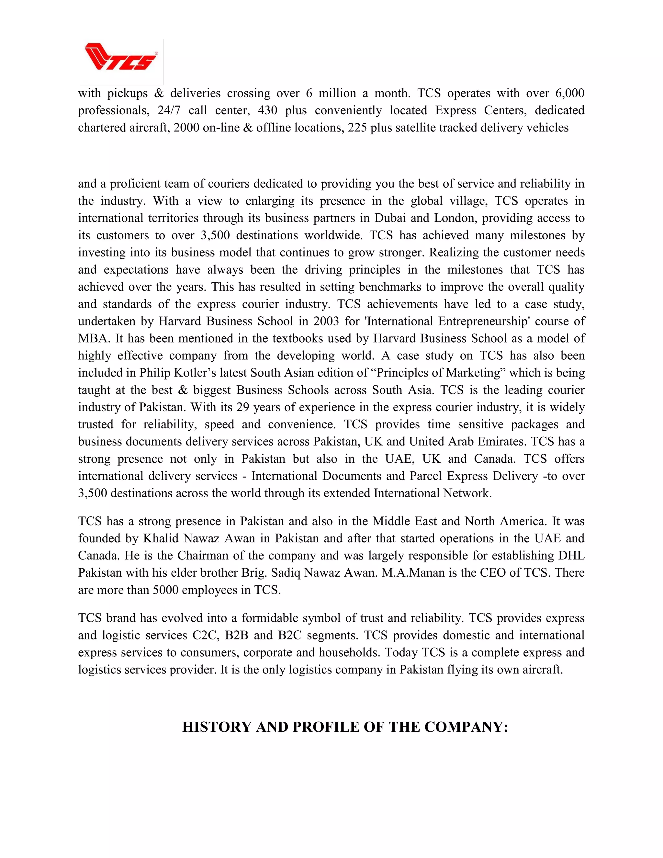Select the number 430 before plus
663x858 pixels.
pos(267,110)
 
